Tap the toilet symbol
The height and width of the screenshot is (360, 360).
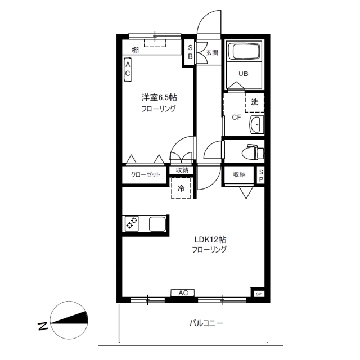253,152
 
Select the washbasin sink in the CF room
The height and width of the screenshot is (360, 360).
256,124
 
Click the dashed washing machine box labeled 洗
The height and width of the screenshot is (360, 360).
254,102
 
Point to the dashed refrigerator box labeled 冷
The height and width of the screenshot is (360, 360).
181,188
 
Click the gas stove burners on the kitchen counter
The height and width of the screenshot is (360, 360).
132,223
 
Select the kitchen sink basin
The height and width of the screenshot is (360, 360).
157,224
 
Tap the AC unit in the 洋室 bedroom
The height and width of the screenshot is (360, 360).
128,70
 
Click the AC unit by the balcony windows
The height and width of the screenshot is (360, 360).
183,292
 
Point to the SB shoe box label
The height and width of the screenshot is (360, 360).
190,52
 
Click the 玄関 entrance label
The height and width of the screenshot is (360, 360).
212,52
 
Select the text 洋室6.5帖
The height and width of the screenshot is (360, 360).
159,97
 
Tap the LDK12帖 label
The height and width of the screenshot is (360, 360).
210,240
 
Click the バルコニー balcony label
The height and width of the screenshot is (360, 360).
206,323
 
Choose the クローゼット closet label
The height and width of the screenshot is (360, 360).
145,174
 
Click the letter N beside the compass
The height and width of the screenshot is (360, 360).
43,326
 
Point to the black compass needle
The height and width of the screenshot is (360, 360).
69,318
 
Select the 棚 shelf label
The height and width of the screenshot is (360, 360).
135,50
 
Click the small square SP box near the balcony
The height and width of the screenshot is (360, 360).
259,294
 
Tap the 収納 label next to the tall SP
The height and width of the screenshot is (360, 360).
239,174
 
